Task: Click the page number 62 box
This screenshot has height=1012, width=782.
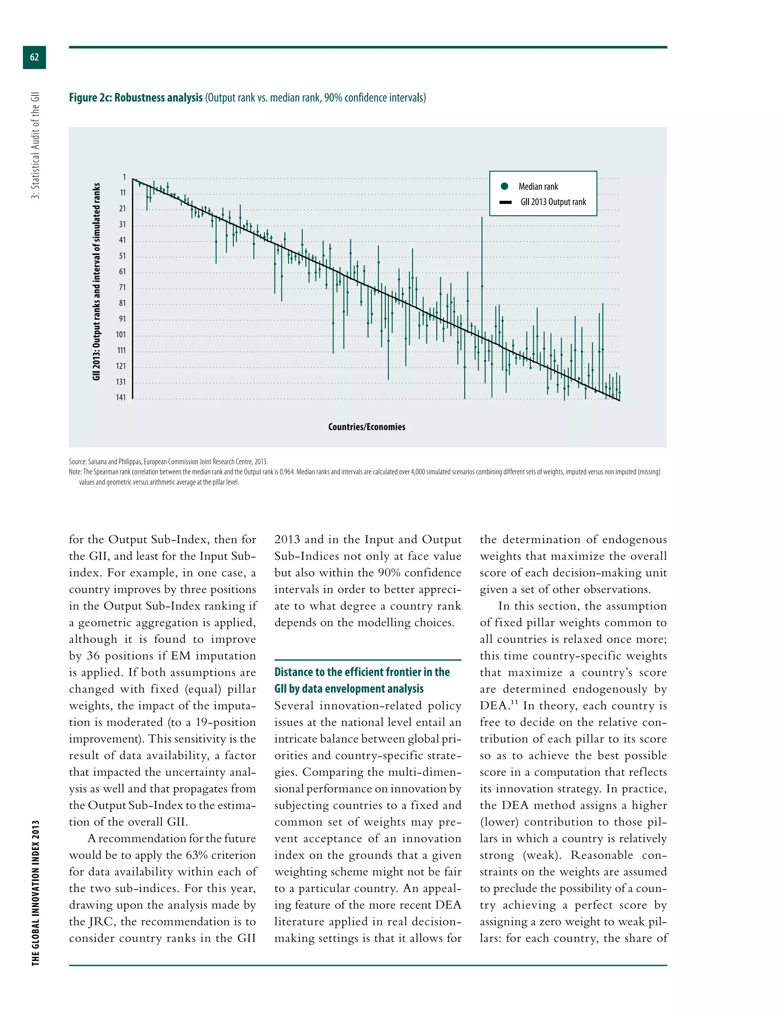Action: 34,57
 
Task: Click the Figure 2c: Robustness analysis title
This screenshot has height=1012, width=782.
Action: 136,98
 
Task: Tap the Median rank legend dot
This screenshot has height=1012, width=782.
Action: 504,186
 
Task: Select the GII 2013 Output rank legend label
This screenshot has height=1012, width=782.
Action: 553,202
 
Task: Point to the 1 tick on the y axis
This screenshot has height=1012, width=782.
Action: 124,178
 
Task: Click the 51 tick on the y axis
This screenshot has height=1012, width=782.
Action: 122,256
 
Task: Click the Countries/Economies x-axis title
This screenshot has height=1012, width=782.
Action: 367,427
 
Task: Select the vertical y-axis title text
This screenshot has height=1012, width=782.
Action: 96,282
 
